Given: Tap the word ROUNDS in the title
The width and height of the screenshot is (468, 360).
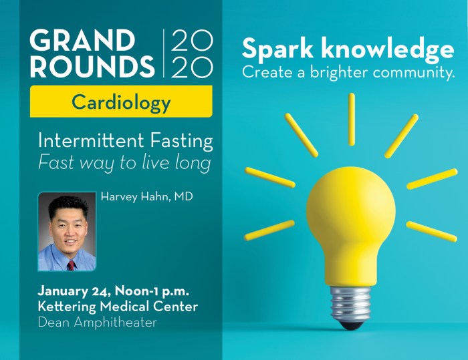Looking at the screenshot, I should (92, 66).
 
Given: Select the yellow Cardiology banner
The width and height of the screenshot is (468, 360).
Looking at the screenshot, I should (121, 102).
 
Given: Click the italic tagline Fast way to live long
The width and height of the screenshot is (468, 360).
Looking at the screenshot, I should (125, 163).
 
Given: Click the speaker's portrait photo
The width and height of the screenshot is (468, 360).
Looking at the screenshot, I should (67, 232).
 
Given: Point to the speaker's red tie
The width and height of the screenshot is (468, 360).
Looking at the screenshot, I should (71, 265).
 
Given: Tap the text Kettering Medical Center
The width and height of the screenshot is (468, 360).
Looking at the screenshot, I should (118, 307).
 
